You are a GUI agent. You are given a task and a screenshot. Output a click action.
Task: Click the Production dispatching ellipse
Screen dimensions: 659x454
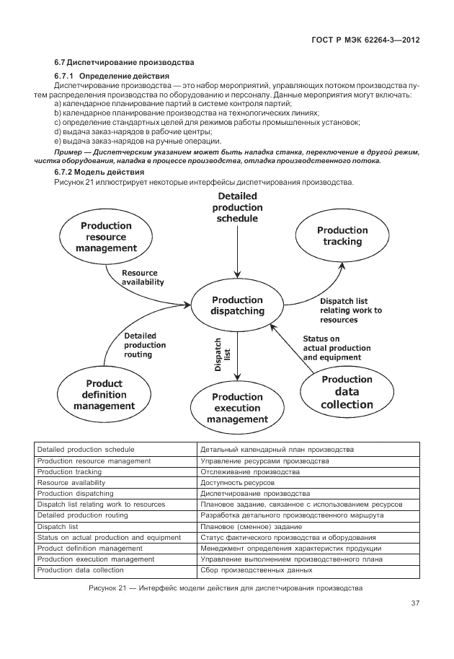[237, 305]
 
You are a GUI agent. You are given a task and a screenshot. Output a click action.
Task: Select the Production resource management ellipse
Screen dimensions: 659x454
[106, 237]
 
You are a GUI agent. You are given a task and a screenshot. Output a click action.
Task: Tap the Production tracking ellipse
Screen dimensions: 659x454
[342, 236]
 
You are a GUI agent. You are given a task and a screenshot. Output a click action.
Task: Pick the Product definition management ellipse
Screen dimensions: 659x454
[104, 394]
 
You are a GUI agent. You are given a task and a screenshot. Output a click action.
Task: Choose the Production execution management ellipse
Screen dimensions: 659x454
[237, 408]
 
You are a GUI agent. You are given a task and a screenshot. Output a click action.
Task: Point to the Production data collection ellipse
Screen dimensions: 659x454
[347, 392]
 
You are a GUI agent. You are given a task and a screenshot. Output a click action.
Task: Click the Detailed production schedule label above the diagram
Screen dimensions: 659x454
[237, 207]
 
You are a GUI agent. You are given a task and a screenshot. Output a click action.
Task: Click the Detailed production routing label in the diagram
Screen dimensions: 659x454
[145, 345]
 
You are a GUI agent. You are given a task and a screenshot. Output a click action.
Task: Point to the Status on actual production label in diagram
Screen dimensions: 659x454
[332, 348]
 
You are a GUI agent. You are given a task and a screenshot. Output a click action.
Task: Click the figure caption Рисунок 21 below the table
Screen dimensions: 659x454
[225, 589]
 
